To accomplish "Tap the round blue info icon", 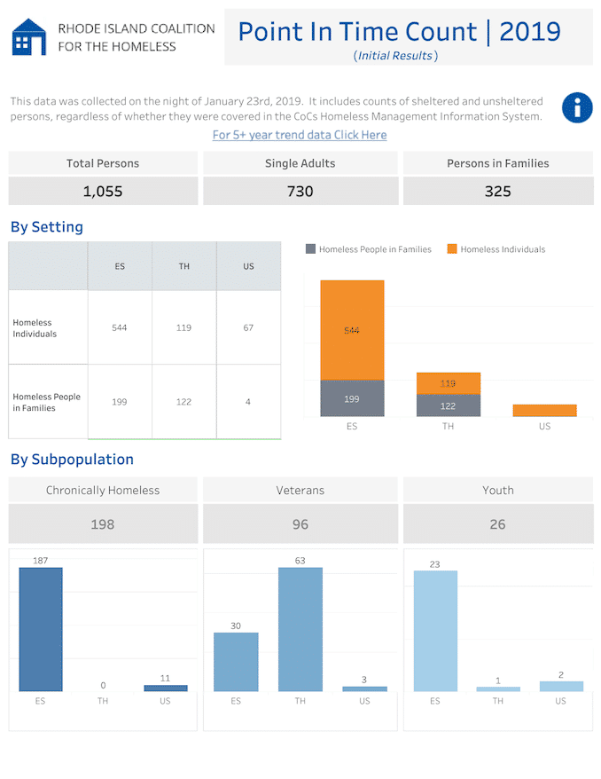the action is pos(577,107).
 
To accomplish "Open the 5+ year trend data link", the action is pos(300,135).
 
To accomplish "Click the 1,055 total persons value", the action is pos(103,192).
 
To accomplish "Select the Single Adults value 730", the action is pos(300,192).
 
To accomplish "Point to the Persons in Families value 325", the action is pos(498,192).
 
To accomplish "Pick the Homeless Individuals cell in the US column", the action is pos(248,327).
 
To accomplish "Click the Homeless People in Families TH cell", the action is pos(183,401).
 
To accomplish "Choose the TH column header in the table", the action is pos(184,266).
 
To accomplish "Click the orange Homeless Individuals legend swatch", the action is pos(451,249).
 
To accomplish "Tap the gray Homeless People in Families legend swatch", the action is pos(310,249).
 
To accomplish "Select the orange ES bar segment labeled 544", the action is pos(352,330).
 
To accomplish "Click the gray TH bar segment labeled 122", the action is pos(449,405).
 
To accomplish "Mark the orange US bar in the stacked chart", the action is pos(544,411).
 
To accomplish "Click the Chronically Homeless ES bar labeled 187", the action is pos(41,629).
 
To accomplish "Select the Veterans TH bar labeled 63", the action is pos(300,629).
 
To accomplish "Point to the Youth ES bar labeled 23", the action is pos(435,631).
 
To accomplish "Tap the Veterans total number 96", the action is pos(300,524).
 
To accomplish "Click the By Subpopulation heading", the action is pos(72,460).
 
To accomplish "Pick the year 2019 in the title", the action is pos(530,32).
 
